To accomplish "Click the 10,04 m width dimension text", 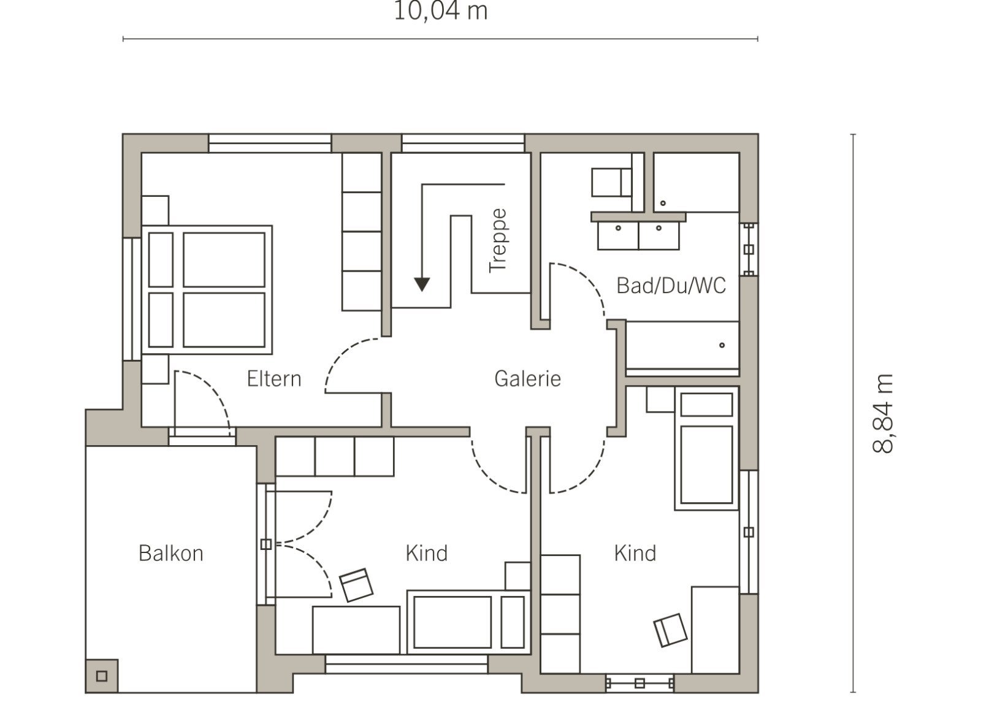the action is click(441, 11).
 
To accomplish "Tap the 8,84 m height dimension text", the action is click(882, 414).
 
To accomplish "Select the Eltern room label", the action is click(274, 379).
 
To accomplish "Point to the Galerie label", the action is click(528, 379).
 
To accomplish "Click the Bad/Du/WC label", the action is click(671, 286).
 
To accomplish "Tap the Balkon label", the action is click(171, 554).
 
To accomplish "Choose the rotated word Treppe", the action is click(498, 241).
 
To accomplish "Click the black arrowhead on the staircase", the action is click(422, 284).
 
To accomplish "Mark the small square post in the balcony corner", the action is click(102, 676).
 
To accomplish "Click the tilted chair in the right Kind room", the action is click(670, 630).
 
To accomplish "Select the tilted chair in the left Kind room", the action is click(356, 585).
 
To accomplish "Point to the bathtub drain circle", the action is click(722, 345).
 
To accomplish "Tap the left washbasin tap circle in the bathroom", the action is click(619, 228).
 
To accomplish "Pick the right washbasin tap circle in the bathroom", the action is click(659, 228).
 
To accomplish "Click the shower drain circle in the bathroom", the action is click(663, 203).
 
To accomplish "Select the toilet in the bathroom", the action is click(611, 182).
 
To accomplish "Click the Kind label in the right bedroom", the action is click(635, 554).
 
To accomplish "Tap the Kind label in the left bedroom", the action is click(427, 554).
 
